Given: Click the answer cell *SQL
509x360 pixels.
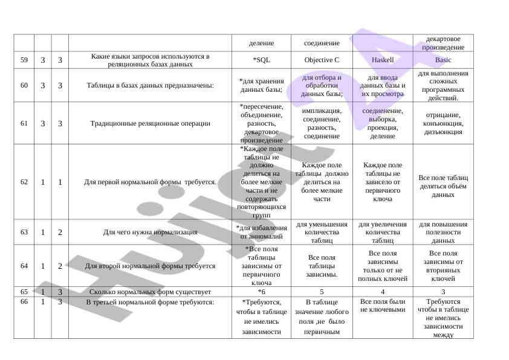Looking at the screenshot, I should (261, 60).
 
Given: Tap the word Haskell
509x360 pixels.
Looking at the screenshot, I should (382, 60).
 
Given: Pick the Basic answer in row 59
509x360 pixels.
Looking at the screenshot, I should (443, 60).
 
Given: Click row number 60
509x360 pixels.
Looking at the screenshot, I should (24, 85).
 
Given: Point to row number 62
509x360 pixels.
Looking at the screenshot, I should (24, 181).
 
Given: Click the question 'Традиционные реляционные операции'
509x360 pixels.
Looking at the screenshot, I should (150, 123).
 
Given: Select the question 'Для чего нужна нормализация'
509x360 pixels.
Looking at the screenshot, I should (150, 231).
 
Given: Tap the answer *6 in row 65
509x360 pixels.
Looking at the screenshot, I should (261, 291).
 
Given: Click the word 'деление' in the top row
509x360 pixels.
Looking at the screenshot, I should (261, 43).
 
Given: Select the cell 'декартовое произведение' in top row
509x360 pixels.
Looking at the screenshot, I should (443, 43).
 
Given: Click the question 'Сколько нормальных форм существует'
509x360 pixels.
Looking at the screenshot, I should (150, 291).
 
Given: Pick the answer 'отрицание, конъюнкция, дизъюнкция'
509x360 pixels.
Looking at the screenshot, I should (443, 123).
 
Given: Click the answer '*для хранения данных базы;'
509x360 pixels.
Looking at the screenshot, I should (261, 85).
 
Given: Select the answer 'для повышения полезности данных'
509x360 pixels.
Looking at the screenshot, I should (443, 232).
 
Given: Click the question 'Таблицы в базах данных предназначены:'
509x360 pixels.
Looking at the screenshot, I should (150, 85).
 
